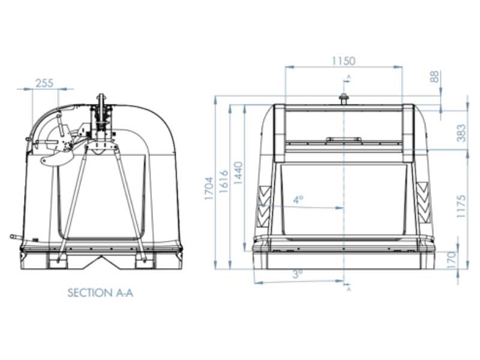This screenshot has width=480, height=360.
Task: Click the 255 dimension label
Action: click(x=44, y=83)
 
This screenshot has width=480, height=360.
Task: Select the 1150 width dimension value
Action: click(x=343, y=61)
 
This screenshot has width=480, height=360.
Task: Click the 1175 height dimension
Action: click(x=461, y=206)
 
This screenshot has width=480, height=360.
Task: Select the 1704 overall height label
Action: click(x=209, y=188)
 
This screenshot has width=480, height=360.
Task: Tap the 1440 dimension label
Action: click(x=238, y=174)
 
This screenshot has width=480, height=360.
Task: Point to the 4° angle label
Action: click(x=298, y=200)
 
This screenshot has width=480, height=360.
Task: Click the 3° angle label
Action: click(x=297, y=274)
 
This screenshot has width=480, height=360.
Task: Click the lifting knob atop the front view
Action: click(x=343, y=98)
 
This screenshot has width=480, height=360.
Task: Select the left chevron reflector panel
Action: click(x=264, y=203)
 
